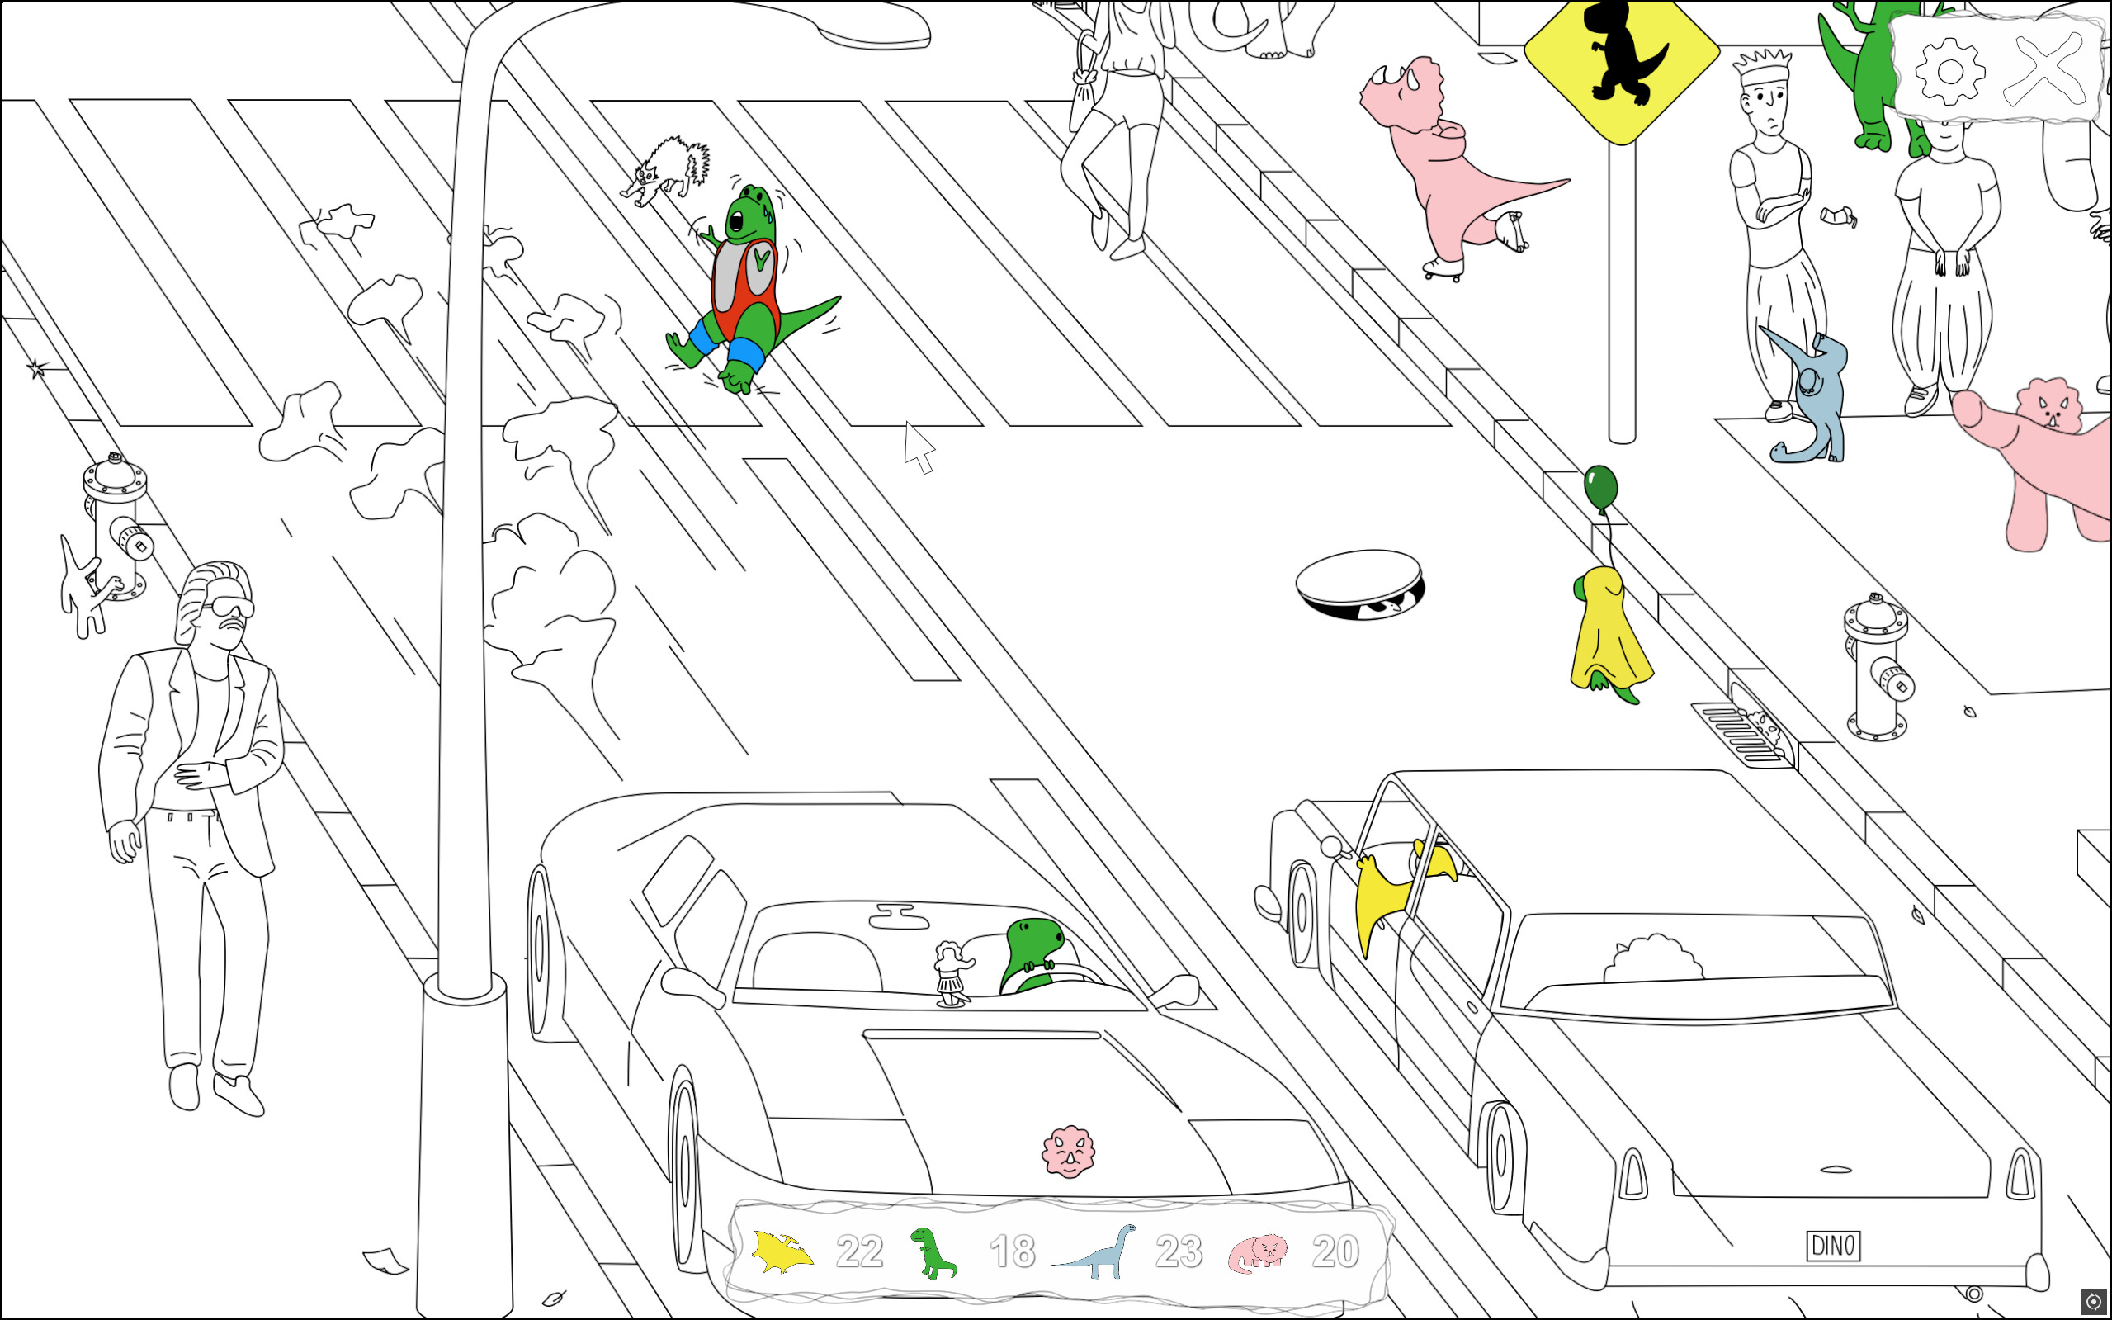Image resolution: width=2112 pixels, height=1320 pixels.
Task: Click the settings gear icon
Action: (x=1949, y=71)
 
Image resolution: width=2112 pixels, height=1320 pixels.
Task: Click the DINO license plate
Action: (x=1833, y=1246)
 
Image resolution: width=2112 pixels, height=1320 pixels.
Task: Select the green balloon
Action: (x=1600, y=488)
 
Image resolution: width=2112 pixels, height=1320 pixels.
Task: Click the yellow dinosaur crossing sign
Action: (x=1622, y=61)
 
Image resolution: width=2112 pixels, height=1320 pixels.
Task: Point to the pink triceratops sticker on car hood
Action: (x=1068, y=1152)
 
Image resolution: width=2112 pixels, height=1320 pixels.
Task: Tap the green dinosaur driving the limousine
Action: (x=1034, y=952)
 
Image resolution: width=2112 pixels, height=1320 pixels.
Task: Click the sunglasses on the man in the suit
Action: (x=229, y=608)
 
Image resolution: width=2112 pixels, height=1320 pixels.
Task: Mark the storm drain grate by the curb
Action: (x=1741, y=733)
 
